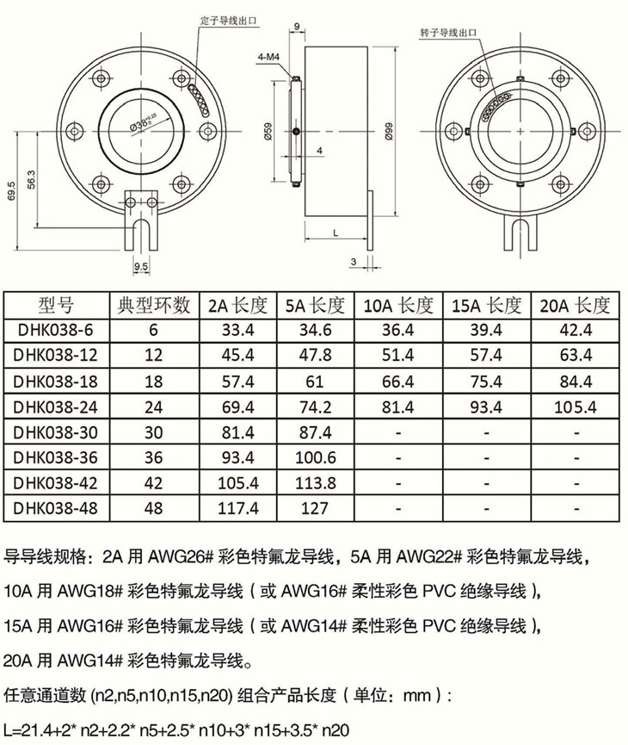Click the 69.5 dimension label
tap(12, 191)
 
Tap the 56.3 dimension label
tap(31, 180)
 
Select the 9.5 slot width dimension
tap(141, 266)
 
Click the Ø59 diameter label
tap(268, 131)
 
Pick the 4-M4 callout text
tap(268, 58)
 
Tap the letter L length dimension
tap(336, 233)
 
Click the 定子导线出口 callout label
tap(229, 22)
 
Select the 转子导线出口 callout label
tap(448, 33)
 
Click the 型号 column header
tap(56, 306)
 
